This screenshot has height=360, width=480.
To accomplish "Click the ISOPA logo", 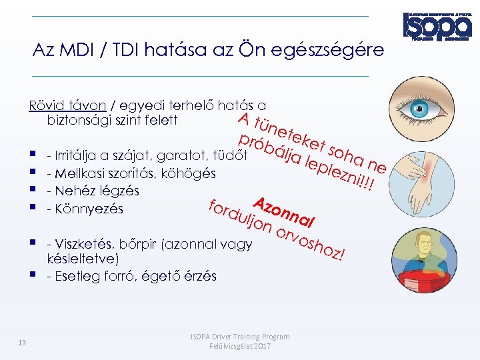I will (437, 26).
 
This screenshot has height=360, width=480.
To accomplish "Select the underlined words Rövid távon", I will (67, 105).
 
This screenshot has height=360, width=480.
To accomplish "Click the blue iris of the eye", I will (418, 111).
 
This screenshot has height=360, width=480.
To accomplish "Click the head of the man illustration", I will (422, 239).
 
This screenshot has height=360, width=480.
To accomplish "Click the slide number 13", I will (22, 343).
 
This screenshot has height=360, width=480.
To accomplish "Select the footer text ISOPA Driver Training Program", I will (240, 337).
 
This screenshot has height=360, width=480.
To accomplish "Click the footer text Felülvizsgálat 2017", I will (240, 347).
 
